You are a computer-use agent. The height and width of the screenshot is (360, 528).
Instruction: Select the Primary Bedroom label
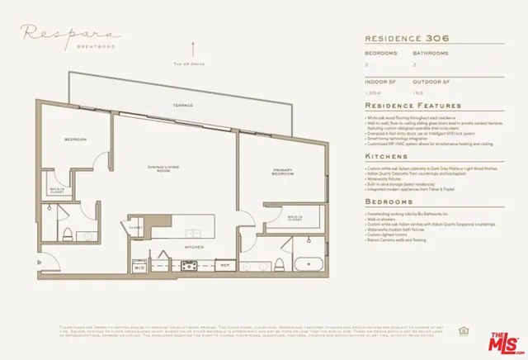282,173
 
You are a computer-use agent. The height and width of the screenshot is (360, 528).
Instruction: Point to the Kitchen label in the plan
195,247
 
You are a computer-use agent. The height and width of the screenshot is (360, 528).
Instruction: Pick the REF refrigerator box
224,265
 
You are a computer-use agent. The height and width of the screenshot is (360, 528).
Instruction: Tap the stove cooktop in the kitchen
188,266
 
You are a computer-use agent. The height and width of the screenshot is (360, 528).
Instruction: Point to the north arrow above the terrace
195,50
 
